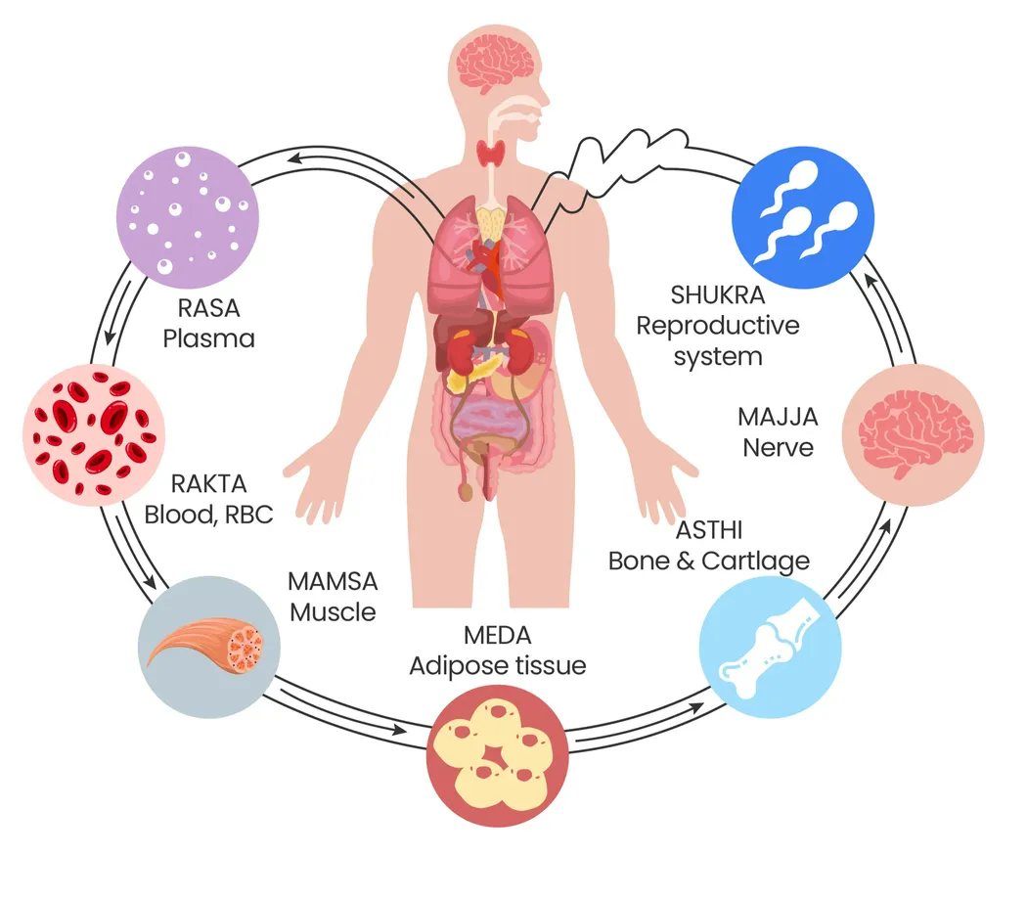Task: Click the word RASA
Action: point(208,309)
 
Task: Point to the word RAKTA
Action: point(208,482)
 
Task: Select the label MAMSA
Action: point(333,581)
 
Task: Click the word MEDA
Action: point(497,635)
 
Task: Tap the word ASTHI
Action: point(709,530)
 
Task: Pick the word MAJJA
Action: point(779,417)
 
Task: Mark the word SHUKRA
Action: point(718,294)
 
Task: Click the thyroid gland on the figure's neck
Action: point(491,153)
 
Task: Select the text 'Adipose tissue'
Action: point(497,666)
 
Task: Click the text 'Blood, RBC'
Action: point(208,513)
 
